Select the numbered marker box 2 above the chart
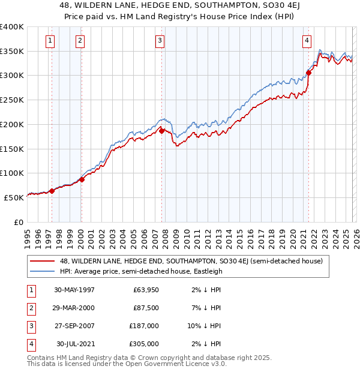[80, 41]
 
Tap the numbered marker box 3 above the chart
[160, 41]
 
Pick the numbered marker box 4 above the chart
[307, 41]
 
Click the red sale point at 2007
[161, 130]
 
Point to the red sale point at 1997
[52, 191]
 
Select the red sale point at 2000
[82, 179]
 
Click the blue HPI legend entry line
[43, 271]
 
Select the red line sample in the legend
[43, 261]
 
